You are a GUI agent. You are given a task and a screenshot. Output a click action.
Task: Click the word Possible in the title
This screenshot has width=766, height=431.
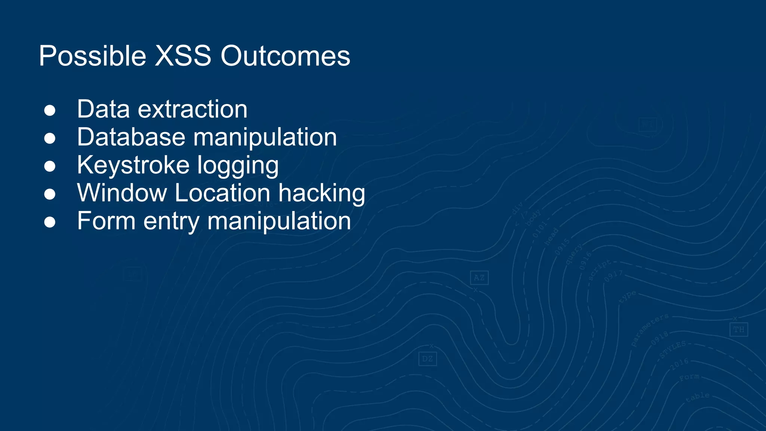[92, 56]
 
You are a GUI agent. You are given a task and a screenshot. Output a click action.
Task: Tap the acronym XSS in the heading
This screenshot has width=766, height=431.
[183, 56]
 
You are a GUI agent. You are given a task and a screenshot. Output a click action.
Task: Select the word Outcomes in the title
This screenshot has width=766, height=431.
[285, 56]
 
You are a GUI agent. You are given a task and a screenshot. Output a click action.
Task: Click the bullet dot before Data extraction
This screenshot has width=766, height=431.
[50, 110]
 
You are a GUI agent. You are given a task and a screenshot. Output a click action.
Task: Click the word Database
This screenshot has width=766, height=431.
[131, 137]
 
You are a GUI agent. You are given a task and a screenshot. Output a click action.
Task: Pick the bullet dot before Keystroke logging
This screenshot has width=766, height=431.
[50, 166]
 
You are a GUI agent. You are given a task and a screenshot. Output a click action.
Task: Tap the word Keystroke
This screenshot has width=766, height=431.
[133, 165]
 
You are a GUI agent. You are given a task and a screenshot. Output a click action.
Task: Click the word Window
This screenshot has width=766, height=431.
[122, 193]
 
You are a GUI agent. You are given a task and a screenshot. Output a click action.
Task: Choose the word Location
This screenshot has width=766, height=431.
[222, 193]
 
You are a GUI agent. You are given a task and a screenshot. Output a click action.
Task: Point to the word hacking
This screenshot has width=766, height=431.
[321, 194]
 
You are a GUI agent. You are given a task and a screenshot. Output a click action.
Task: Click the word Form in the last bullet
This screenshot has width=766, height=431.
[106, 221]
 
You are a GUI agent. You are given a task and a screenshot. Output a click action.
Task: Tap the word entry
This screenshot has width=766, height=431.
[171, 222]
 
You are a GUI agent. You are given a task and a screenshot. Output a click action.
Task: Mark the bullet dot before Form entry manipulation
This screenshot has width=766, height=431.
[50, 222]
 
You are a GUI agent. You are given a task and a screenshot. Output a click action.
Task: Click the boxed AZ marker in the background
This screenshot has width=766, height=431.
[479, 278]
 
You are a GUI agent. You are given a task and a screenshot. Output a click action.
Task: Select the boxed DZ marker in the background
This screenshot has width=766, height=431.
[428, 359]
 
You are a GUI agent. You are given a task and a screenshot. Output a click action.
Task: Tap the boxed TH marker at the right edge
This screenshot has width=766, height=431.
[738, 329]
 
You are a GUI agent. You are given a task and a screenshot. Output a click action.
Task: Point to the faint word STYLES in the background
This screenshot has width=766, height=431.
[673, 349]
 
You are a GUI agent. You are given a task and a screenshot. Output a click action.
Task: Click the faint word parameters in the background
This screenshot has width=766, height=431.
[649, 330]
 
